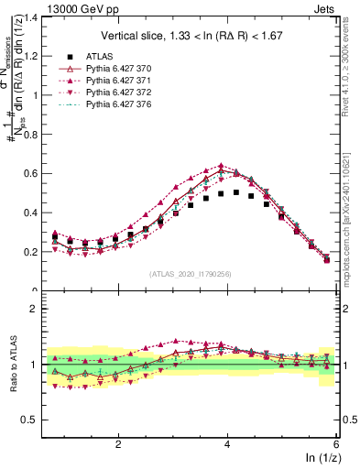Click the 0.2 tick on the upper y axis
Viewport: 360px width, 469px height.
(33, 252)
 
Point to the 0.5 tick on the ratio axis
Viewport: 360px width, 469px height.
(33, 420)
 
